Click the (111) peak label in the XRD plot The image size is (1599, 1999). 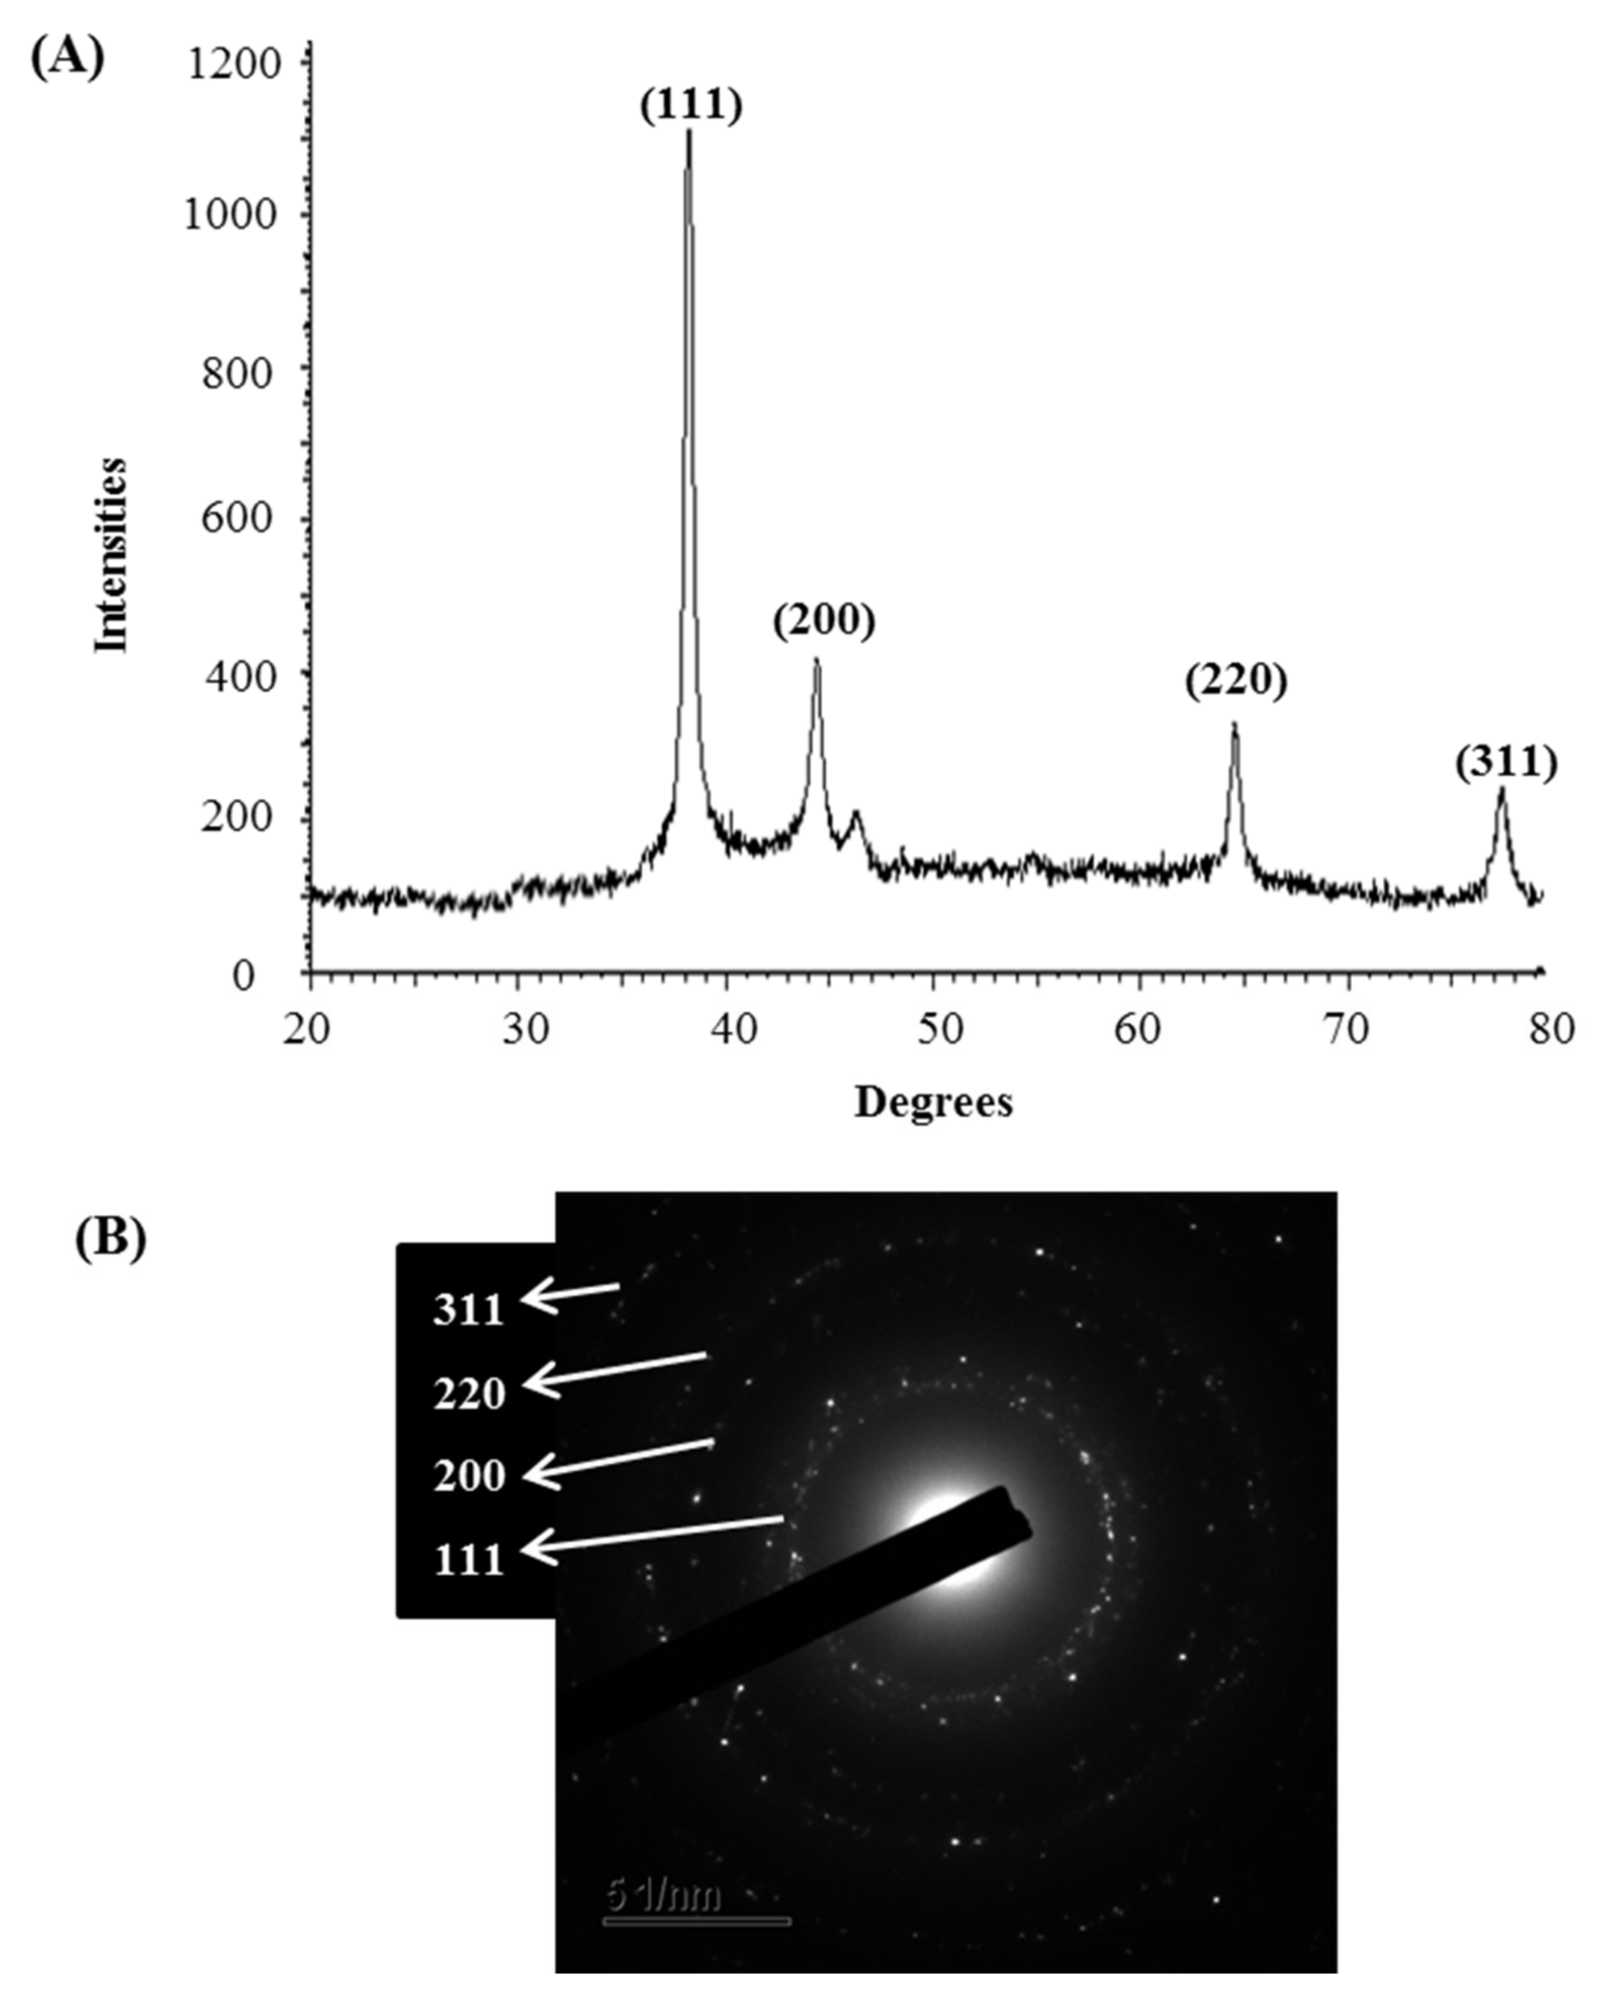pyautogui.click(x=691, y=106)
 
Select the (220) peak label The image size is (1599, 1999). pyautogui.click(x=1236, y=681)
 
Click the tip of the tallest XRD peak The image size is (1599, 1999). pyautogui.click(x=688, y=132)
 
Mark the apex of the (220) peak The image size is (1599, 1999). pyautogui.click(x=1234, y=724)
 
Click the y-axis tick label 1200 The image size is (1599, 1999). pyautogui.click(x=232, y=65)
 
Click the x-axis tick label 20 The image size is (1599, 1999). pyautogui.click(x=307, y=1030)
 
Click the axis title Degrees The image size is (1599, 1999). pyautogui.click(x=932, y=1103)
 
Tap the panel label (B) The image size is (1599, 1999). pyautogui.click(x=110, y=1239)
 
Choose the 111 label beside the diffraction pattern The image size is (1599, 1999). pyautogui.click(x=468, y=1561)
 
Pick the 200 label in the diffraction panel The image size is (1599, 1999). pyautogui.click(x=468, y=1476)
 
